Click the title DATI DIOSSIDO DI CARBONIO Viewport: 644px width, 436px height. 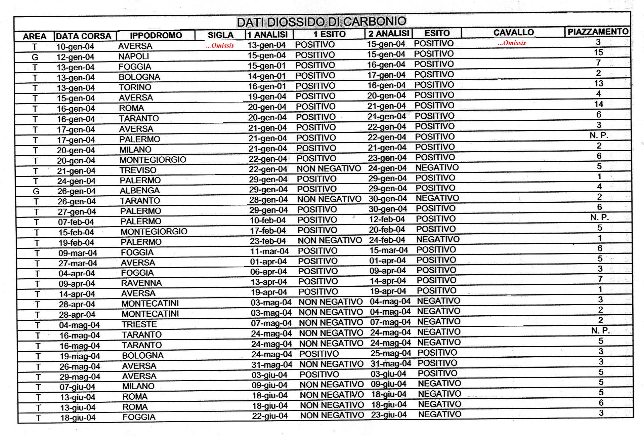point(321,22)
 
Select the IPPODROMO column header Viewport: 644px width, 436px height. point(156,35)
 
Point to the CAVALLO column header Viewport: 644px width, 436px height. point(514,33)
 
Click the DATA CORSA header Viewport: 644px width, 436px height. point(84,36)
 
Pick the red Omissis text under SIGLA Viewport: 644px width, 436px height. point(220,45)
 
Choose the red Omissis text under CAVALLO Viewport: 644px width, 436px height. point(512,43)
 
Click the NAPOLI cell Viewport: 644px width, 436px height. point(133,56)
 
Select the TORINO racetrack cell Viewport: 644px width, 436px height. point(135,87)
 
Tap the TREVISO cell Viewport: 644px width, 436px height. point(138,170)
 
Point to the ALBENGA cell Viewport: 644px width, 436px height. point(140,191)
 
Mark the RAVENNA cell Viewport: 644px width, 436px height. point(141,283)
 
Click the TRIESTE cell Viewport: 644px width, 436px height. point(139,324)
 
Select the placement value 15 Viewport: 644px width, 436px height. point(598,52)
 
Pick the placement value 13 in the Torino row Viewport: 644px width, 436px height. point(599,83)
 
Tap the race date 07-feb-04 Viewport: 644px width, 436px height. point(76,222)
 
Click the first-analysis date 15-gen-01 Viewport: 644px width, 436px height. point(267,66)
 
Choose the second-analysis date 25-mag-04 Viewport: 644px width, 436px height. point(391,353)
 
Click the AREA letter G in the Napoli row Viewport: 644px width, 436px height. point(35,57)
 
